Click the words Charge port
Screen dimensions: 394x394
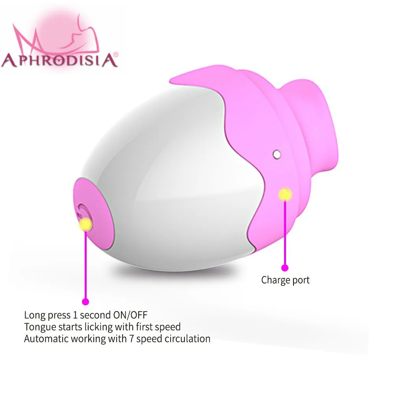tap(285, 280)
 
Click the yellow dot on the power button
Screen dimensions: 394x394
tap(85, 225)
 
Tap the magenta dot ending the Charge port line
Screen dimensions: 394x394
tap(285, 268)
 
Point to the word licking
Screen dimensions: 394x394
tap(93, 327)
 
